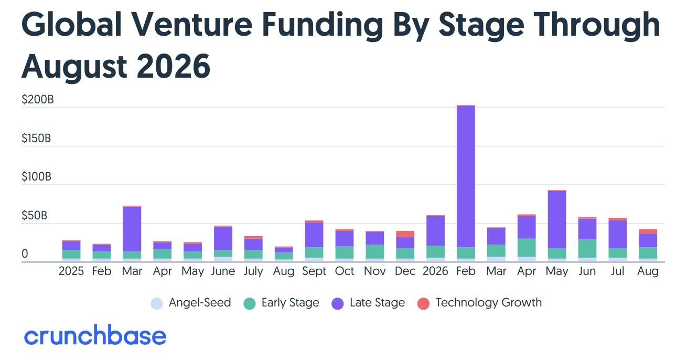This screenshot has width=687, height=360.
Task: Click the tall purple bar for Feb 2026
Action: [x=466, y=176]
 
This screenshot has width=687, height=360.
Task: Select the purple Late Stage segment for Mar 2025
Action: [x=132, y=229]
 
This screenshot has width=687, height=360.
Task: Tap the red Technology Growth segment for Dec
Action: [x=405, y=234]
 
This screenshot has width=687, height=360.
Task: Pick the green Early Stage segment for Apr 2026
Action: [x=527, y=248]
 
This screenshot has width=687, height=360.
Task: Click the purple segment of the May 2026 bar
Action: [x=556, y=219]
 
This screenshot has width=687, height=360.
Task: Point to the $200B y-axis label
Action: [x=38, y=100]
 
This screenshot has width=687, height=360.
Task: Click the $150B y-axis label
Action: [x=36, y=139]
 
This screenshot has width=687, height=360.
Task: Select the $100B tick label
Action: [x=36, y=177]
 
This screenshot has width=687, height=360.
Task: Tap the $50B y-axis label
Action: [x=35, y=216]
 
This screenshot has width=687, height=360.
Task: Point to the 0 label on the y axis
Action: [x=25, y=254]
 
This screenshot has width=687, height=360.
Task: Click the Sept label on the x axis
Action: [x=314, y=271]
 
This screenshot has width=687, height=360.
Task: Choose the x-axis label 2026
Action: [x=435, y=271]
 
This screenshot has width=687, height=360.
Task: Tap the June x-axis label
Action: [x=223, y=271]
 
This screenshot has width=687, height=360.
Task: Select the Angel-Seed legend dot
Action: [x=157, y=303]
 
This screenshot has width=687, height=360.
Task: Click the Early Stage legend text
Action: [x=290, y=303]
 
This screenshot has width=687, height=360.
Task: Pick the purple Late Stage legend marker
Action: [x=337, y=303]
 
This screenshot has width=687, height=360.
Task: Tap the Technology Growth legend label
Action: [x=489, y=303]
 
